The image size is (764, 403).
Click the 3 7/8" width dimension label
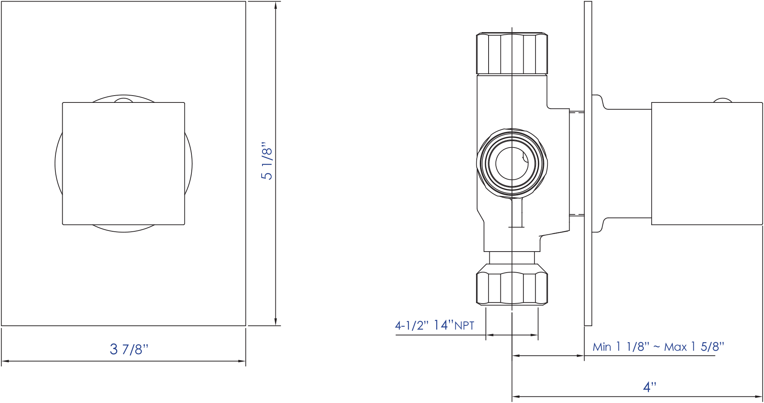(129, 349)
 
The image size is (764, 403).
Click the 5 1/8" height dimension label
(267, 161)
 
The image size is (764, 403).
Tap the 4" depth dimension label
(649, 387)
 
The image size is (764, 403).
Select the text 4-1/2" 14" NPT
(434, 325)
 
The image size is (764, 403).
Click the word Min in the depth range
(602, 347)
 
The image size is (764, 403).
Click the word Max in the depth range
(675, 347)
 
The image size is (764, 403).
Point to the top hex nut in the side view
(512, 54)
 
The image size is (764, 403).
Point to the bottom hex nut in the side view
(512, 289)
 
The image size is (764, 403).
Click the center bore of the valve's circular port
(511, 163)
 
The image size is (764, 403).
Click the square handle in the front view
(123, 164)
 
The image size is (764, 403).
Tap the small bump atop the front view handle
(123, 101)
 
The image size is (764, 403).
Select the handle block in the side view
(707, 164)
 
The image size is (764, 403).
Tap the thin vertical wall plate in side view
(588, 164)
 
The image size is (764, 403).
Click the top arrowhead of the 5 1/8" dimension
(275, 5)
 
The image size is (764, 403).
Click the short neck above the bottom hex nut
(512, 258)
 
